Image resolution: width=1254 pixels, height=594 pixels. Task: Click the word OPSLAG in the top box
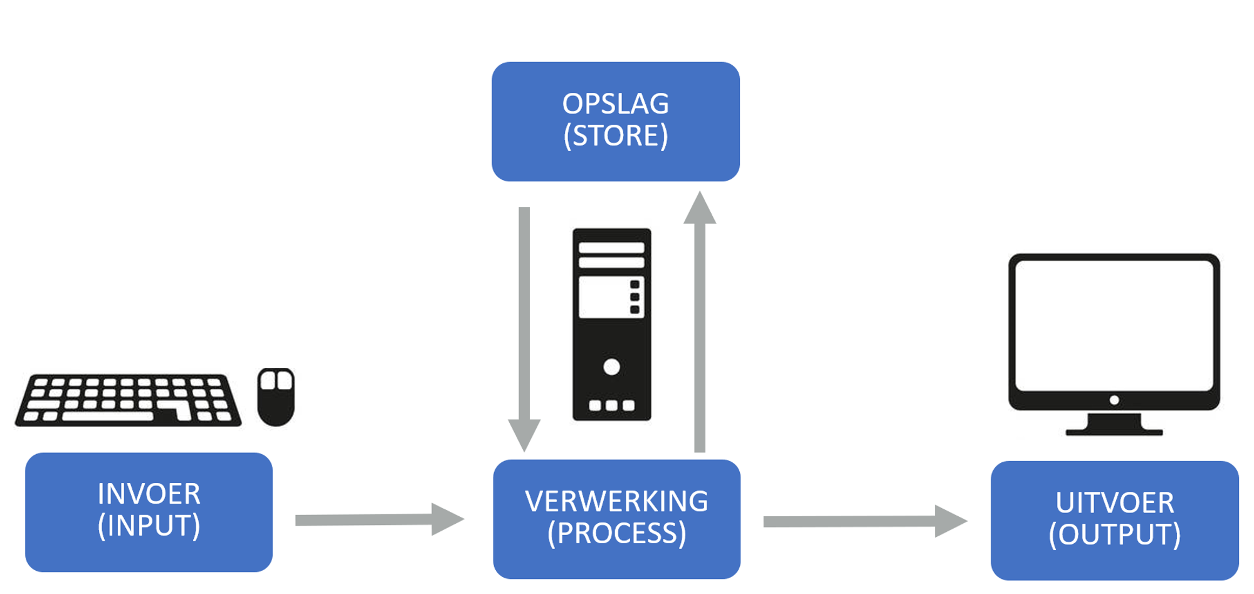[615, 104]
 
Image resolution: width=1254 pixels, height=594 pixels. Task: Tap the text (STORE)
[615, 136]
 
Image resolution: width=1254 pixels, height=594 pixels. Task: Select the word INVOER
[149, 494]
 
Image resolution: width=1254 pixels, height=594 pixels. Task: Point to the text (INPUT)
[149, 526]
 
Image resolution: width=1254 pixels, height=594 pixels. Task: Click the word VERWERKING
[616, 502]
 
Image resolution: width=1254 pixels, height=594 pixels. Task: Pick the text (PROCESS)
[616, 534]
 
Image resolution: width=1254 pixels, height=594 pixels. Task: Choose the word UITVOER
[1114, 503]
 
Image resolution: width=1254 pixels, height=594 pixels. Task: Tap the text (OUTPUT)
[1114, 535]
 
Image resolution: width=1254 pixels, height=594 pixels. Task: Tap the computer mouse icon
[276, 396]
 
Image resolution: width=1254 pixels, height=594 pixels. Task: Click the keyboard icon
[128, 400]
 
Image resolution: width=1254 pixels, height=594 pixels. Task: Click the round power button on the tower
[611, 367]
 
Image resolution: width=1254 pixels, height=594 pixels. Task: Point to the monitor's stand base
[1114, 431]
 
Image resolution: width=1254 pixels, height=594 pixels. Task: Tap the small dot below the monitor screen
[1114, 400]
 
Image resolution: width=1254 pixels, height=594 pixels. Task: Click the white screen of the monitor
[1114, 325]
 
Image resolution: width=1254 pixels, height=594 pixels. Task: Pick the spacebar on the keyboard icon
[108, 416]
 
